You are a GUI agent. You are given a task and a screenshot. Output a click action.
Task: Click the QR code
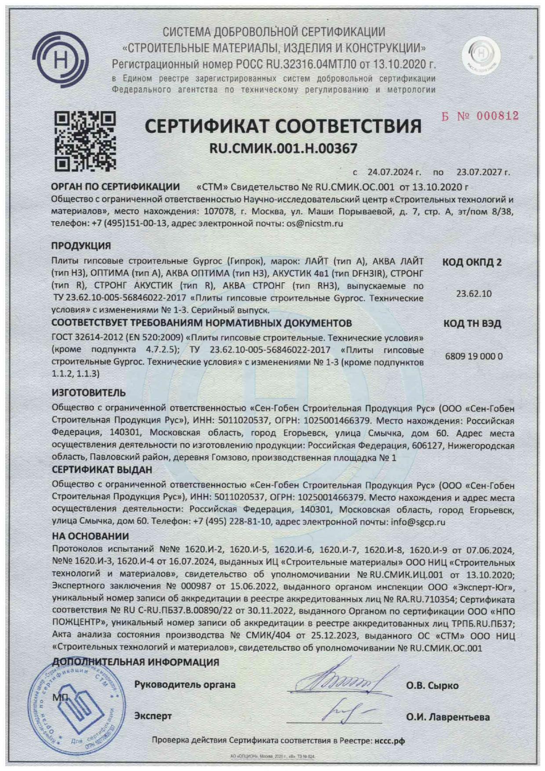85,141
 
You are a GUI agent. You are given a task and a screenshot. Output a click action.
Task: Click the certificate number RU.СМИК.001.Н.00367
283,149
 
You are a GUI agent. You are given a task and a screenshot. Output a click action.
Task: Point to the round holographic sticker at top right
481,55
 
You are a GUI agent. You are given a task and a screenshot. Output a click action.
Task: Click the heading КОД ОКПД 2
472,262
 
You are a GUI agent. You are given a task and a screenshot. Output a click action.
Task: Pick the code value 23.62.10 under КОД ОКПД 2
473,294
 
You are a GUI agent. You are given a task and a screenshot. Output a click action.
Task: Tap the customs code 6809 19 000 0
473,356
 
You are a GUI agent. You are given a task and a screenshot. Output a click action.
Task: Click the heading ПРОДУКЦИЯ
81,246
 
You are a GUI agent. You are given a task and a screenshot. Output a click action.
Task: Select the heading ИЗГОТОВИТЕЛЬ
89,393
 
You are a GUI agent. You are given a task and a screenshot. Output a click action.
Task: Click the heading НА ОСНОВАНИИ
91,536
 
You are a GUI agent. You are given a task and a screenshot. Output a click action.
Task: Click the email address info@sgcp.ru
418,522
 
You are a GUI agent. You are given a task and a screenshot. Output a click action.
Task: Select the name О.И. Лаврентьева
447,717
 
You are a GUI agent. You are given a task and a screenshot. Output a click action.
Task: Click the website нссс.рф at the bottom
389,741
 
